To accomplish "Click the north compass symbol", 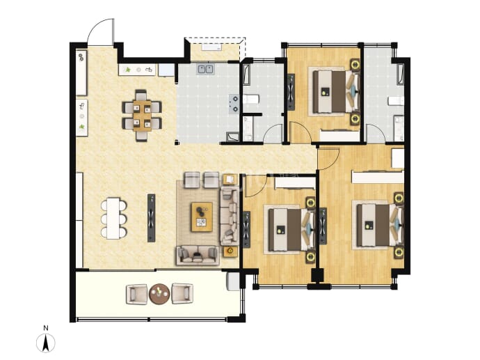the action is tap(46, 343).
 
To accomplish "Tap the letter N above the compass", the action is tap(46, 328).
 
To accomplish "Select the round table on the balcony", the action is tap(159, 294).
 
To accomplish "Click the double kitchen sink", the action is tap(205, 69).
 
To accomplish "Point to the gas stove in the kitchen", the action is tap(234, 104).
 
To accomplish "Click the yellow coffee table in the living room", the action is tap(202, 217).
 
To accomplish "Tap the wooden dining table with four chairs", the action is tap(142, 116).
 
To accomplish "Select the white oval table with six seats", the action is tap(113, 219).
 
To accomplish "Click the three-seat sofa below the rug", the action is tap(198, 256).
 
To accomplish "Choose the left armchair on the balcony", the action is tap(136, 294).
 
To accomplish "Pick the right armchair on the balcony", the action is tap(182, 294).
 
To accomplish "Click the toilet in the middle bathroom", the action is tap(251, 99).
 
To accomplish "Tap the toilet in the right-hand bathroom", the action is tap(397, 101).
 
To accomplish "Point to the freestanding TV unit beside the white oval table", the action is tap(151, 218).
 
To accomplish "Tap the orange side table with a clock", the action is tap(230, 251).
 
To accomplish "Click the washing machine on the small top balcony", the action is tap(211, 47).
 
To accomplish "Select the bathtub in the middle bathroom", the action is tap(246, 74).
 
